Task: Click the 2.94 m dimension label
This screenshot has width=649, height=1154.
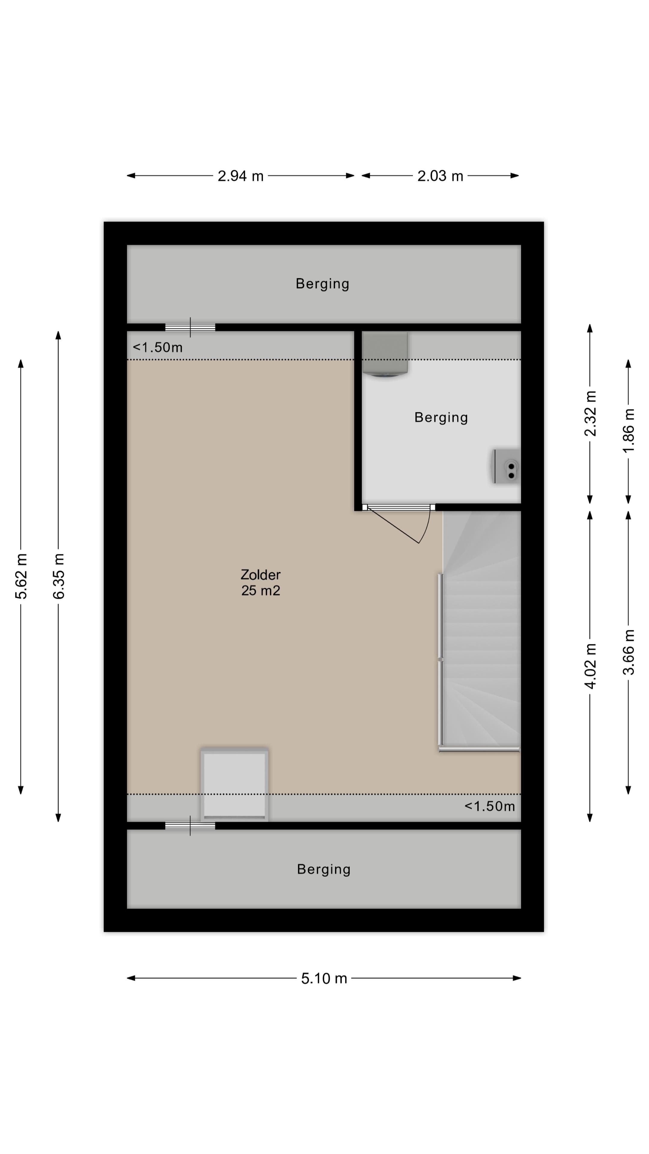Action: point(240,176)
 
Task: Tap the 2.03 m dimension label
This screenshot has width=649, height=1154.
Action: point(440,176)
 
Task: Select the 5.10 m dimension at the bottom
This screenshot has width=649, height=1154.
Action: point(324,978)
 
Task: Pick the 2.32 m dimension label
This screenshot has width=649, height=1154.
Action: point(590,413)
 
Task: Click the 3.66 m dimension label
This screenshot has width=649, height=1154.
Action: point(628,652)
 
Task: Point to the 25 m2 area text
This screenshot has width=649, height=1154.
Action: point(260,591)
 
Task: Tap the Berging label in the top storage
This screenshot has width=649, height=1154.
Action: point(322,284)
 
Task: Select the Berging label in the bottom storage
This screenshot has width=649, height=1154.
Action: point(323,869)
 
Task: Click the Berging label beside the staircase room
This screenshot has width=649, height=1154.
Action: point(441,417)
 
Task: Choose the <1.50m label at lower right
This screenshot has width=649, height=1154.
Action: point(489,806)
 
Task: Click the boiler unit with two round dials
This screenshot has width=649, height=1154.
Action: point(507,466)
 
